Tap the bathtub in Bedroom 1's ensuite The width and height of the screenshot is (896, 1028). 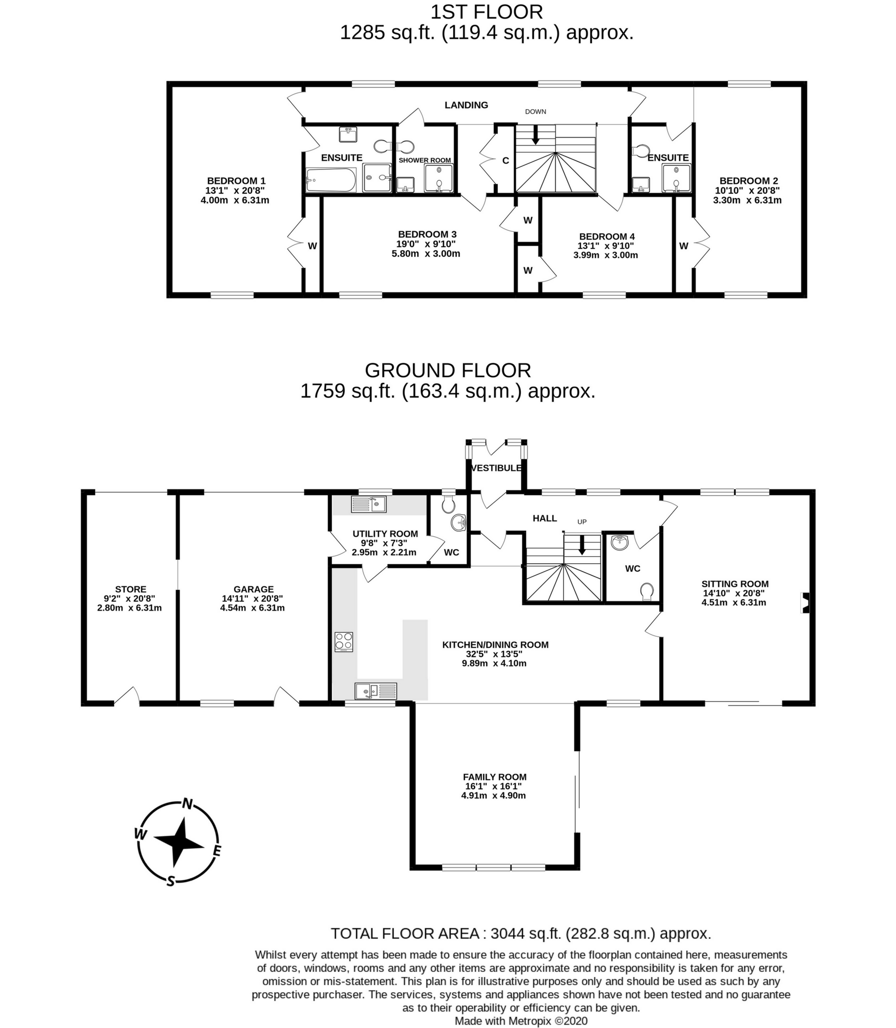click(331, 180)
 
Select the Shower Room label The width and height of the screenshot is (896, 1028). click(424, 161)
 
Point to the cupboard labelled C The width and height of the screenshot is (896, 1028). click(505, 161)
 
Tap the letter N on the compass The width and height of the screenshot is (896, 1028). click(188, 803)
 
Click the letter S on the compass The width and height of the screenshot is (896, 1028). click(170, 881)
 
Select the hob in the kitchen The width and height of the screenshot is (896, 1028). click(344, 642)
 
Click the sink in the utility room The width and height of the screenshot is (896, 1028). click(369, 504)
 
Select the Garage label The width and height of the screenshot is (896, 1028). click(254, 589)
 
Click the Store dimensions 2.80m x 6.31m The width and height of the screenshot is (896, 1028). click(130, 608)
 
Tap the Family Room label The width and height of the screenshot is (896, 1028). click(495, 777)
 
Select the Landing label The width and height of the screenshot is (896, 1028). click(466, 105)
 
